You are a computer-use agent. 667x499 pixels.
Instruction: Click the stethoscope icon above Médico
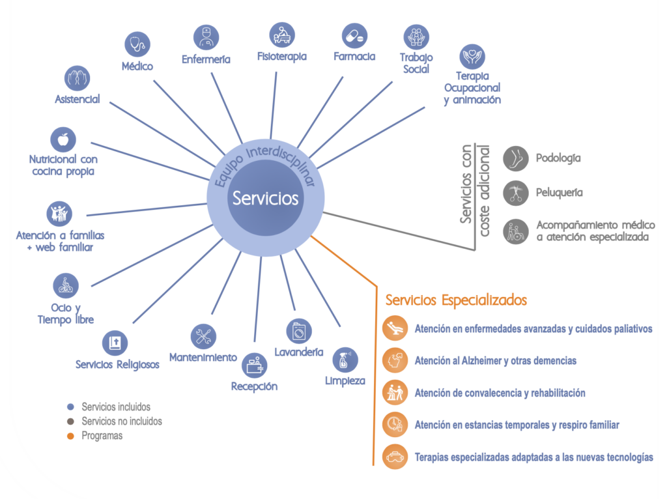137,44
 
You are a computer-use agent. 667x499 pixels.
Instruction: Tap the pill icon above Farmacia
356,35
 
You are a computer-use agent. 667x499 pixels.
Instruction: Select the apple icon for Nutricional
63,139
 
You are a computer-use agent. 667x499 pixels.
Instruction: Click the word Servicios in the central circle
266,198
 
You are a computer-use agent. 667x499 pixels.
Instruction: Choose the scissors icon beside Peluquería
516,193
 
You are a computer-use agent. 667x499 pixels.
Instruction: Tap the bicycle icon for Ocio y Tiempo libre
65,285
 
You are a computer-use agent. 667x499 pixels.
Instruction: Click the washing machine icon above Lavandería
298,332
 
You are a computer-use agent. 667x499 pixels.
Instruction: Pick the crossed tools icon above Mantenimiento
203,336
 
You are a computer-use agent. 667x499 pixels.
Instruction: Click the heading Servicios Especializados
456,300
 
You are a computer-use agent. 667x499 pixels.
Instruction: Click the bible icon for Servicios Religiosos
115,343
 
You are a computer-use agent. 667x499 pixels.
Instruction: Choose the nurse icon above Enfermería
206,37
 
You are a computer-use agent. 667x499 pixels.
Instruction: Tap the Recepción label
254,386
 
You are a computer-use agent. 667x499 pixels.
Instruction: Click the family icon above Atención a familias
59,214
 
